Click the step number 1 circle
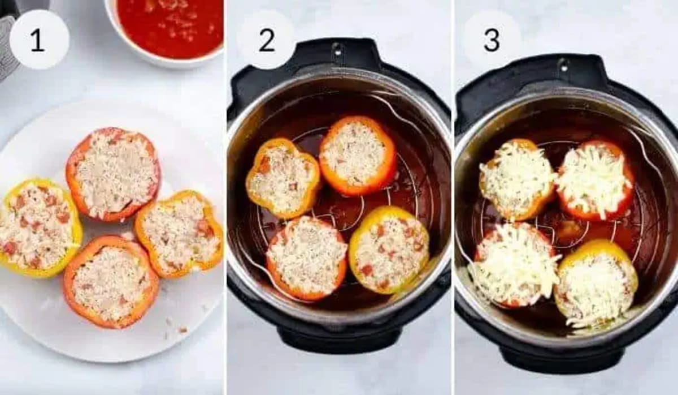[39, 40]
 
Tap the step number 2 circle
[266, 40]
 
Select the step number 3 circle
[491, 40]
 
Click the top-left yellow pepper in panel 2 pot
[282, 178]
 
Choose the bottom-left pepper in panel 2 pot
[306, 257]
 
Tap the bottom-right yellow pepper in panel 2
[389, 249]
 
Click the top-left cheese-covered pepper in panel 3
[516, 178]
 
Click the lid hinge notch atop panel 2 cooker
[337, 49]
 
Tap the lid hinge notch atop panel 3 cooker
[563, 65]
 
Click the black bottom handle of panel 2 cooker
[339, 340]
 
